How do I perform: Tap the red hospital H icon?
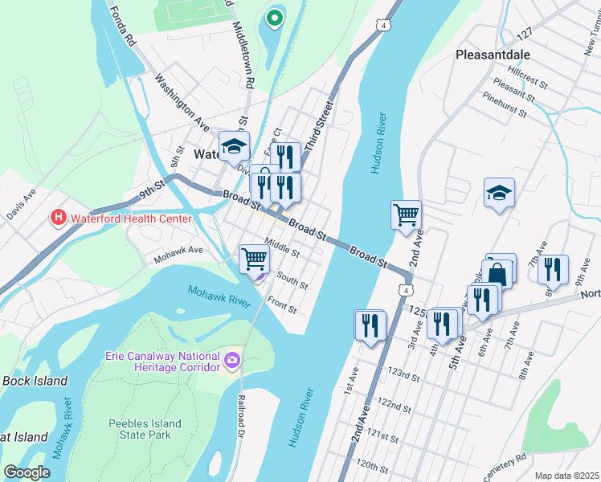click(x=58, y=218)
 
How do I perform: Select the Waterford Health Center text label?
click(x=131, y=219)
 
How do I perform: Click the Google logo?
click(x=27, y=472)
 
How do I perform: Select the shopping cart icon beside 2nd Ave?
click(x=407, y=214)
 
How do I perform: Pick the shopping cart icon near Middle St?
click(x=254, y=259)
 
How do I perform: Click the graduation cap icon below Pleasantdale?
click(x=499, y=193)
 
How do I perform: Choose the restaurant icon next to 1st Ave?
click(x=370, y=325)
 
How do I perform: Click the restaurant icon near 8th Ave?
click(x=554, y=269)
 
